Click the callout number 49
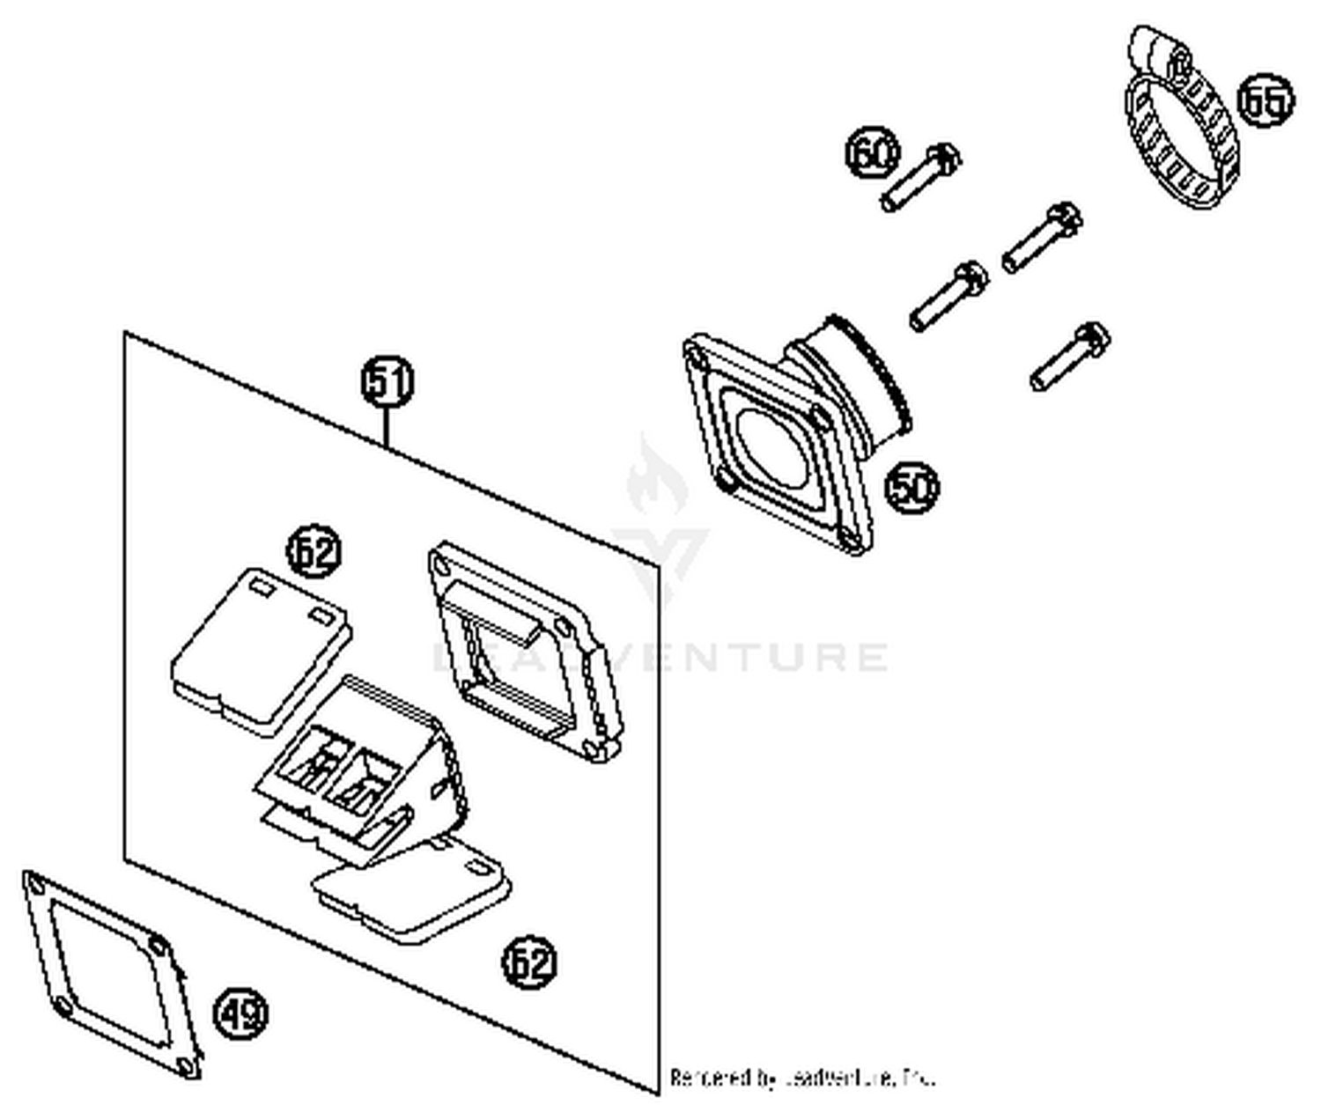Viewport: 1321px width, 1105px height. (241, 1014)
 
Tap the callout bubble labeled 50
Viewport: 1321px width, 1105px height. (911, 487)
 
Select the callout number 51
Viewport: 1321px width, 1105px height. (387, 382)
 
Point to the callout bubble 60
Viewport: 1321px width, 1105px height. (873, 153)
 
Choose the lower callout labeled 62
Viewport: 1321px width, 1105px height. (529, 961)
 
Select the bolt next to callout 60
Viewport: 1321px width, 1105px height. (921, 178)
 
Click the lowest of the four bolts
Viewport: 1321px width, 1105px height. (1069, 357)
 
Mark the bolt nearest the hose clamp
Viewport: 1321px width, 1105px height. (1042, 236)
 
